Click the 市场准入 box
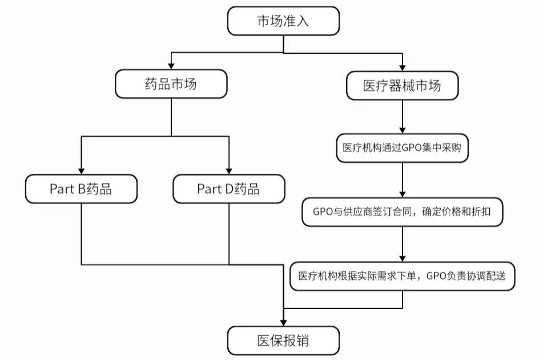pos(284,22)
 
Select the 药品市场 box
pos(171,85)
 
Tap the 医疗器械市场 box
pos(403,86)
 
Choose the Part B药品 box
pos(81,189)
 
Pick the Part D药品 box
pos(228,189)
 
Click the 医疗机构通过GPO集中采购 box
pos(403,147)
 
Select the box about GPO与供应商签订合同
pos(403,211)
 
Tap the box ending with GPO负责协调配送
pos(403,275)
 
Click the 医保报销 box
pos(284,341)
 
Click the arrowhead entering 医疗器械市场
pos(403,67)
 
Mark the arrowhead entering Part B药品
pos(81,171)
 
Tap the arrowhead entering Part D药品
pos(228,171)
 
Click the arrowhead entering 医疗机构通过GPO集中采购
pos(403,130)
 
